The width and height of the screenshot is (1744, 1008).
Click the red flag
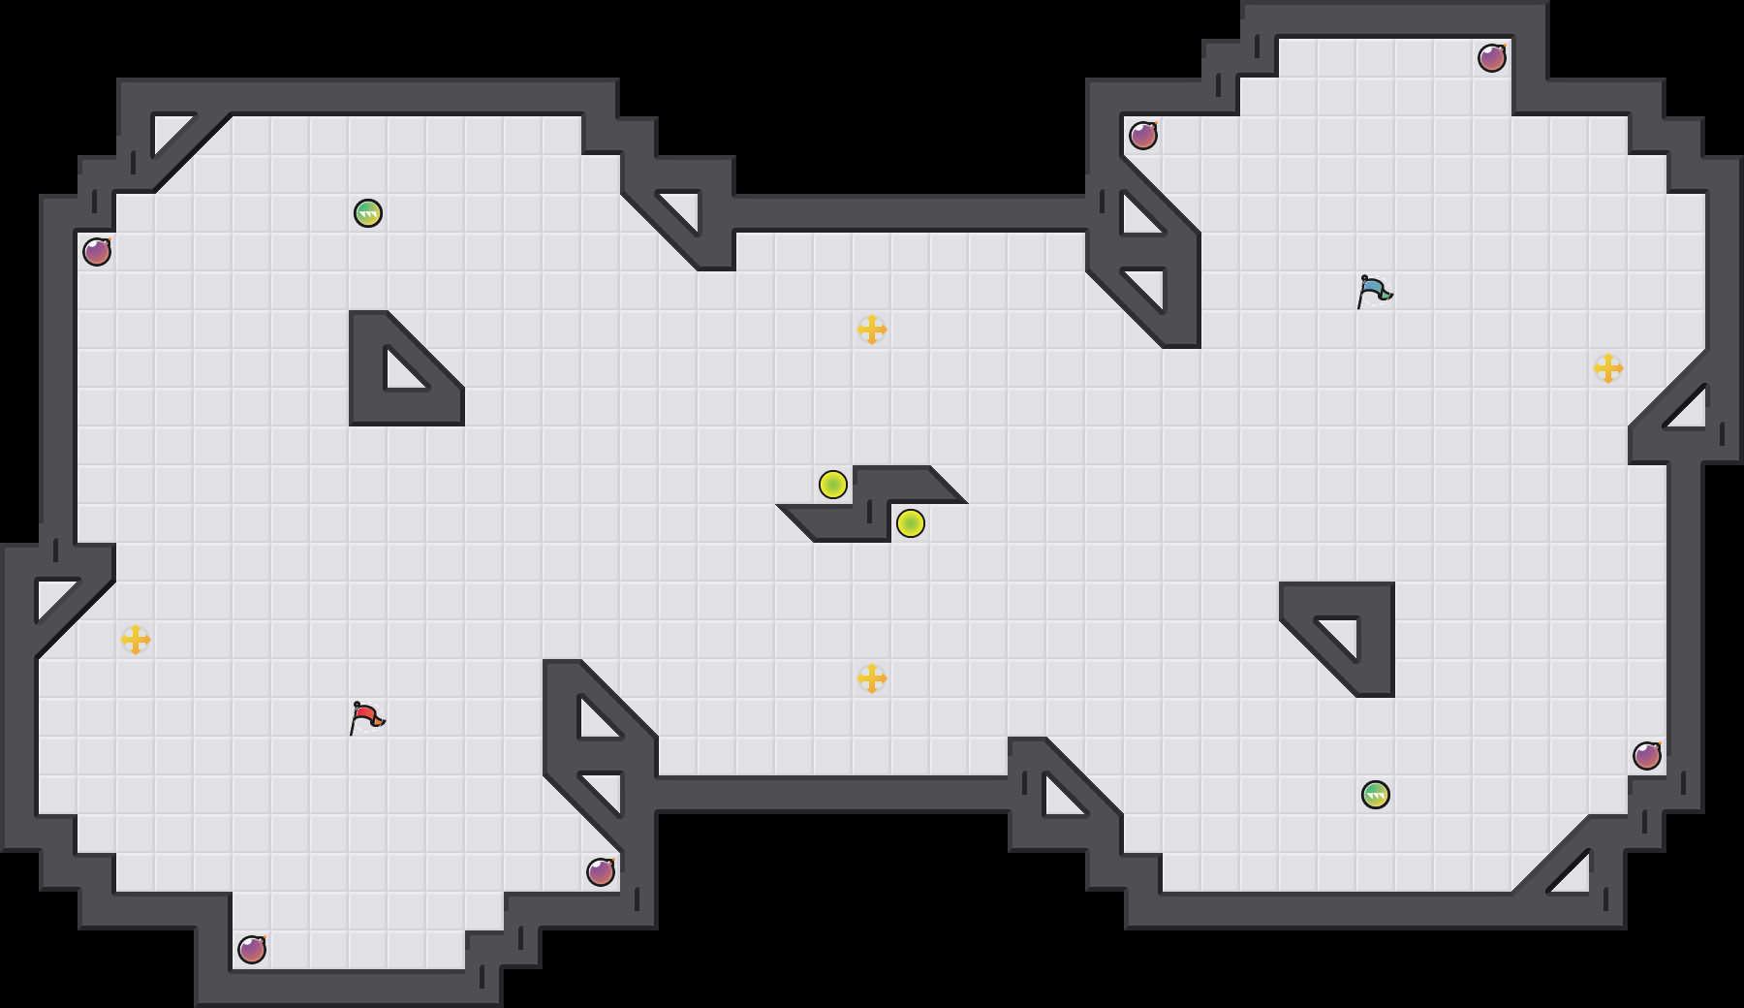click(x=366, y=717)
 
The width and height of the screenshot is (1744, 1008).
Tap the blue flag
click(x=1374, y=290)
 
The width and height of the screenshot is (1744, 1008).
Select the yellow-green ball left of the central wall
click(x=833, y=485)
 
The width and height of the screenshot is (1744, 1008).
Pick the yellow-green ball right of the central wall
click(x=911, y=523)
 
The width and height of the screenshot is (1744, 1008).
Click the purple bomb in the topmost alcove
click(x=1492, y=58)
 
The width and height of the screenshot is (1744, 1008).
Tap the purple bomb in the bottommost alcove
click(x=252, y=950)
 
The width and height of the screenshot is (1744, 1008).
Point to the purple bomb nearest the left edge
click(x=97, y=252)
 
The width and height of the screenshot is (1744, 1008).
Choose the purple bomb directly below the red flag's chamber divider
click(x=601, y=872)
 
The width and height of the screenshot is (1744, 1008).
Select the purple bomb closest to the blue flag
click(x=1143, y=136)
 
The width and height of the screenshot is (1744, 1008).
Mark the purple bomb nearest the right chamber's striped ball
click(x=1647, y=756)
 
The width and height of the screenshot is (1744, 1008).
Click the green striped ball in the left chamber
click(x=368, y=213)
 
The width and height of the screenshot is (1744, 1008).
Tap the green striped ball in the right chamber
click(x=1376, y=795)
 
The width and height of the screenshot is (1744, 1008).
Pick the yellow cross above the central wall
click(x=872, y=330)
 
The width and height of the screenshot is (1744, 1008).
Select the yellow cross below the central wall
click(x=872, y=678)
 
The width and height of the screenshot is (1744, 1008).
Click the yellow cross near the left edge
click(x=136, y=640)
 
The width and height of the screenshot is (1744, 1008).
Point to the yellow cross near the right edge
click(x=1608, y=368)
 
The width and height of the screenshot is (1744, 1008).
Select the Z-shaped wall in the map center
click(x=872, y=504)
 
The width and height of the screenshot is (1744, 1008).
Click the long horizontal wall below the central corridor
click(x=833, y=793)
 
